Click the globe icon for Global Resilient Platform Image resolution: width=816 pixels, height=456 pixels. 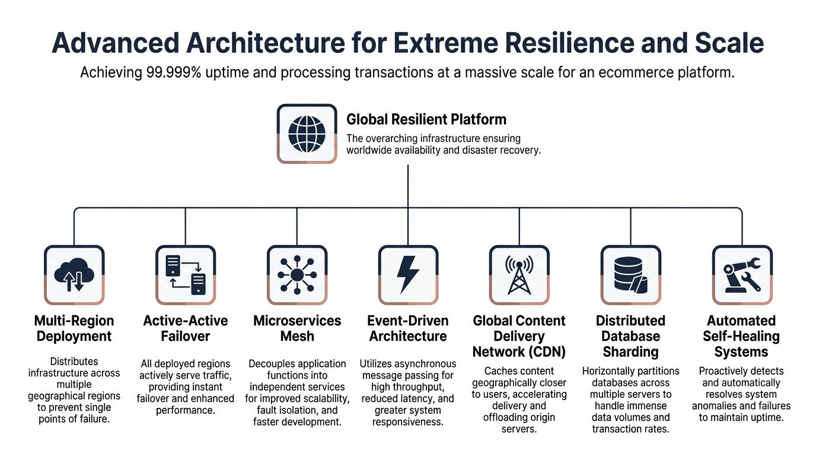click(307, 134)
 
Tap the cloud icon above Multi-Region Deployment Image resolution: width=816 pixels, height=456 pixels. click(74, 275)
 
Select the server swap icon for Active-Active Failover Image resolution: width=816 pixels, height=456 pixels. click(186, 275)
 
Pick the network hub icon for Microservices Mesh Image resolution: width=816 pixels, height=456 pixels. click(297, 275)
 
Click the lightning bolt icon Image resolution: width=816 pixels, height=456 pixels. click(408, 275)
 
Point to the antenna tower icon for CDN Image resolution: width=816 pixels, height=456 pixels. click(519, 275)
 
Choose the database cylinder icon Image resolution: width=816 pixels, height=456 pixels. click(630, 275)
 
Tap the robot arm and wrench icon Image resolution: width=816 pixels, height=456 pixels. click(741, 275)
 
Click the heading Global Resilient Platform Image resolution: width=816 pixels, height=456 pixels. click(426, 119)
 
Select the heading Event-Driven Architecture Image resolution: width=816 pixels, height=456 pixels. click(408, 328)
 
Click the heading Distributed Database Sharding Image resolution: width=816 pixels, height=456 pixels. click(630, 336)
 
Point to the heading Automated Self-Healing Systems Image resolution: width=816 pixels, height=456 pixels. click(741, 336)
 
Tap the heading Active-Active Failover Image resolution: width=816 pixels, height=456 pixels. click(186, 328)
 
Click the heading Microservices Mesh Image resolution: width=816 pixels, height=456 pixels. click(297, 328)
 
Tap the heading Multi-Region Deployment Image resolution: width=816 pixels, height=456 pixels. click(74, 328)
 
